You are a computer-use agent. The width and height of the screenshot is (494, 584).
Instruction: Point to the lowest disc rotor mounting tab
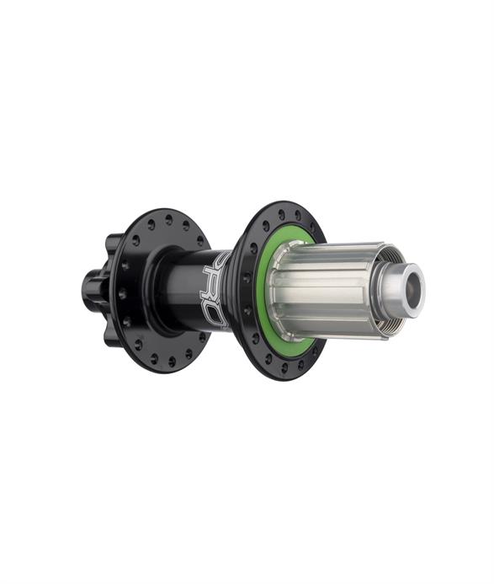coord(112,337)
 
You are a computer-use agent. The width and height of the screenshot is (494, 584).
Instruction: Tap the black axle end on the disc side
coord(89,287)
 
